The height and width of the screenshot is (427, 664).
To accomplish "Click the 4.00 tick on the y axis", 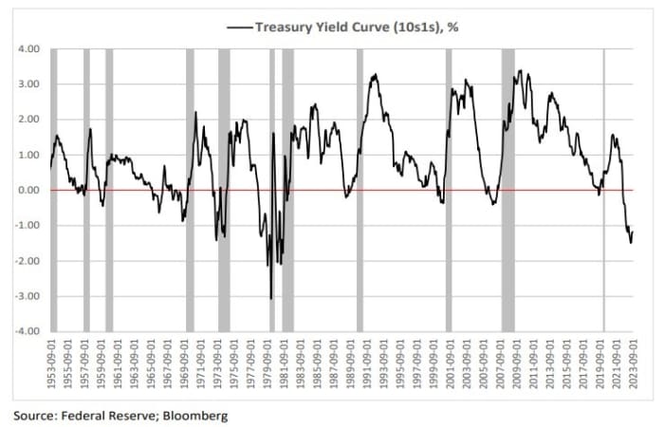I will [27, 48].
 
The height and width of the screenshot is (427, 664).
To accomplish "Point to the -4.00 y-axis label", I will [25, 332].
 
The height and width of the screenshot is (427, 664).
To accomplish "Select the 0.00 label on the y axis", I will [27, 191].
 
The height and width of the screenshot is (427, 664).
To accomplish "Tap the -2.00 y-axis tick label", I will [25, 261].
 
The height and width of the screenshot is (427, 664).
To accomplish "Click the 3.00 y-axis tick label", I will [27, 84].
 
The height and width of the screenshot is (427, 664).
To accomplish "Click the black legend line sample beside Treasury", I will [238, 28].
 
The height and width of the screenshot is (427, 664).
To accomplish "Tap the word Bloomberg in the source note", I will [195, 416].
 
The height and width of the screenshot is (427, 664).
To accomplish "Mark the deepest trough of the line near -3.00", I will [270, 298].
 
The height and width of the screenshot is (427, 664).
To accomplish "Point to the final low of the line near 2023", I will [631, 243].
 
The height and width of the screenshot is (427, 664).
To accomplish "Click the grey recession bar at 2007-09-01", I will [507, 190].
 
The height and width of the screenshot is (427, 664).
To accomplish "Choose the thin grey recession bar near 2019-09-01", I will [604, 190].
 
